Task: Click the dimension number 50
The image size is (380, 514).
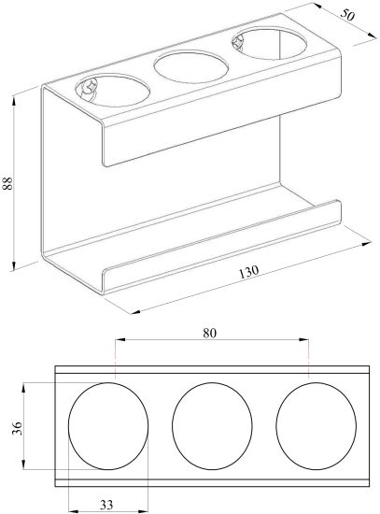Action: click(347, 15)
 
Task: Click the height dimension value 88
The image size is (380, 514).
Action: click(7, 183)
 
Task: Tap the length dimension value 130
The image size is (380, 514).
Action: click(248, 272)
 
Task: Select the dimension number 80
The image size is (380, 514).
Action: click(210, 333)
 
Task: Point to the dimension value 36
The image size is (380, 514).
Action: click(17, 428)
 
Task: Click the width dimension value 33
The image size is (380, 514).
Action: click(106, 505)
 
